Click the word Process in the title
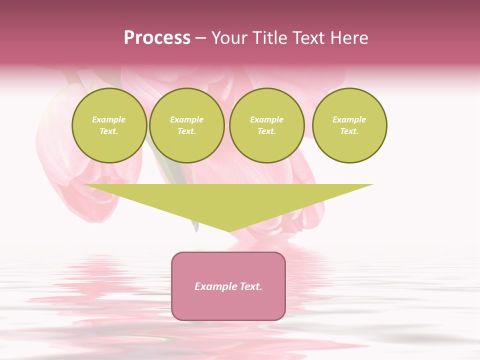click(157, 38)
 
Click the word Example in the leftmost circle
click(109, 119)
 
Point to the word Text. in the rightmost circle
click(349, 131)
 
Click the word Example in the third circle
click(267, 119)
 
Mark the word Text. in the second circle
click(187, 131)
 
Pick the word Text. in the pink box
click(250, 286)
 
